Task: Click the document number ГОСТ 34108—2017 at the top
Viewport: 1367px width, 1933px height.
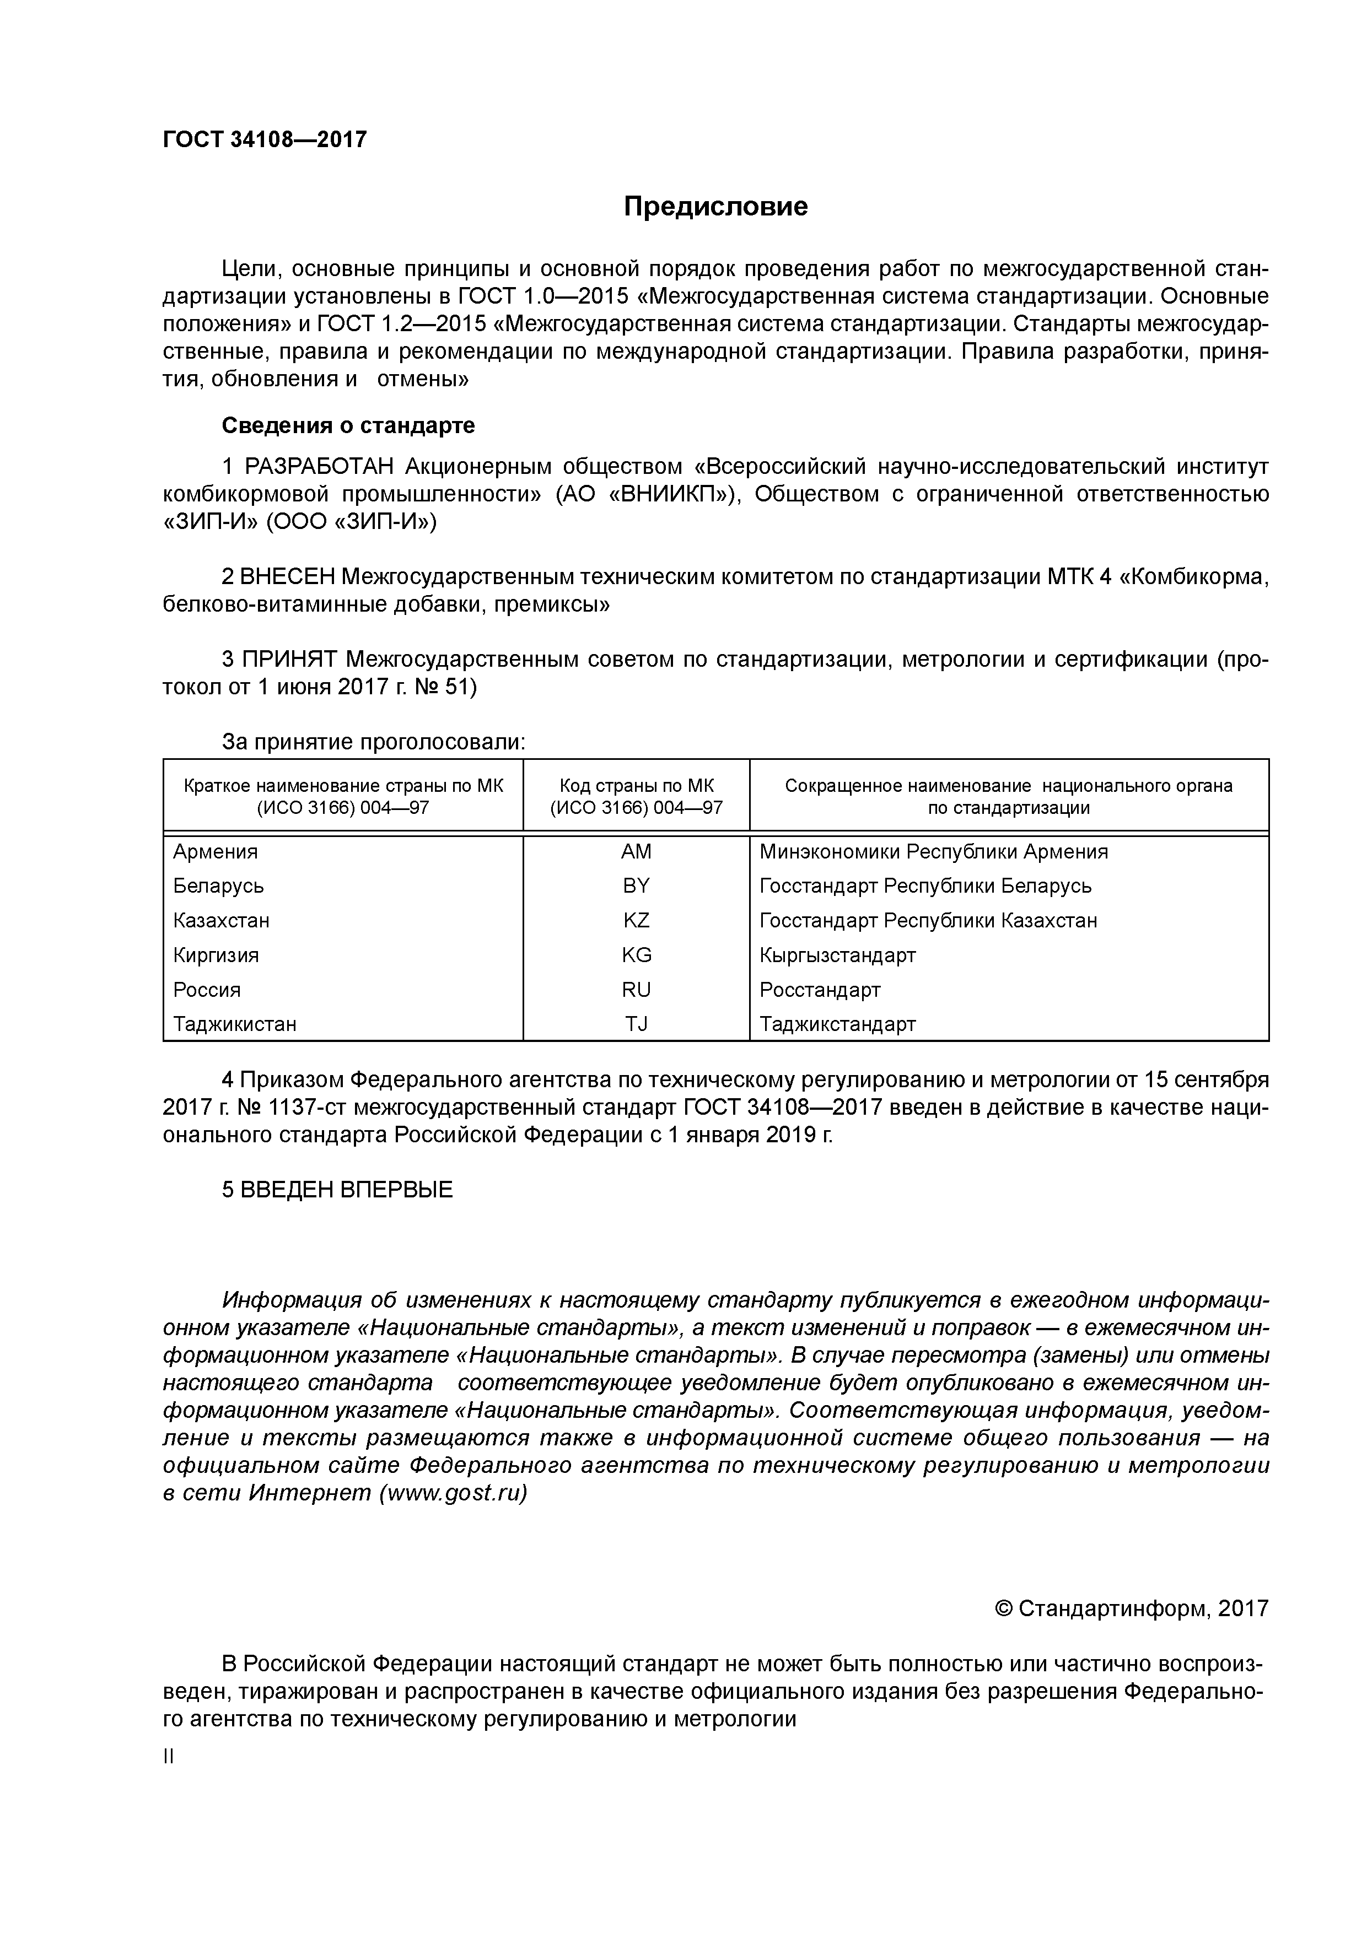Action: coord(265,140)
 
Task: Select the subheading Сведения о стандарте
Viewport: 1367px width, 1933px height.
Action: coord(348,426)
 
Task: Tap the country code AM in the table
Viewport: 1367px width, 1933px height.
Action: coord(636,852)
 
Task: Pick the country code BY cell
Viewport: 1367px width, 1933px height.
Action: coord(636,887)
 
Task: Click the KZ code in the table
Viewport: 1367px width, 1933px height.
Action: coord(636,921)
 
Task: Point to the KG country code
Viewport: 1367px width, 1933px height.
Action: coord(636,955)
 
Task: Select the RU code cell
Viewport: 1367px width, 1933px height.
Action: coord(636,990)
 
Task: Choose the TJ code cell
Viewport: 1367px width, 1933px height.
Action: coord(636,1024)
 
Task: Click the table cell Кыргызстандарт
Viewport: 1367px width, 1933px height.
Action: coord(837,955)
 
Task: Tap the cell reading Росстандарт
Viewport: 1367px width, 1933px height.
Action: coord(820,990)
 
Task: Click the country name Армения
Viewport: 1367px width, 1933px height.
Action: coord(216,852)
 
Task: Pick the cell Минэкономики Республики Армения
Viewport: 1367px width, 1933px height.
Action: coord(933,852)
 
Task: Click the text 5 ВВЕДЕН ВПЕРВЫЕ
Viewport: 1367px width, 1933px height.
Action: coord(337,1190)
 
